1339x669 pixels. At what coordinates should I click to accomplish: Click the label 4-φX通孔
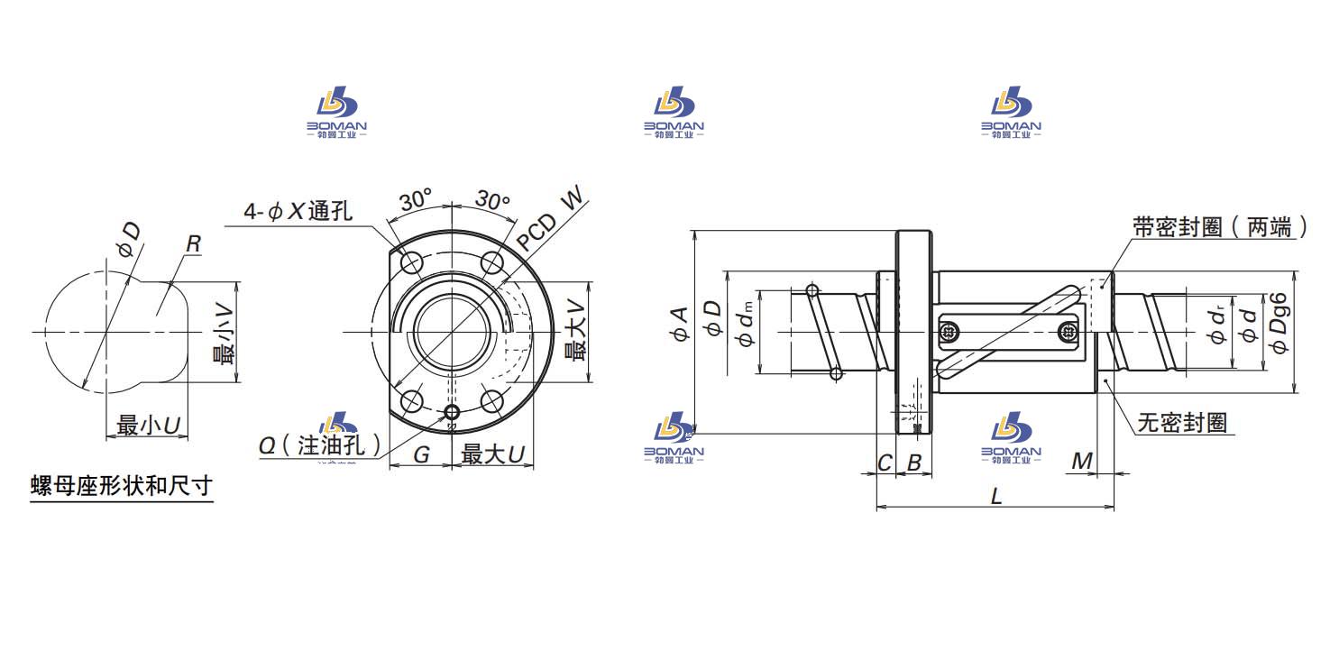298,212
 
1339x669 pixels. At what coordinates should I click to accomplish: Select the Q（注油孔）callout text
318,446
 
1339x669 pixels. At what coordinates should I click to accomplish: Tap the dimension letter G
421,455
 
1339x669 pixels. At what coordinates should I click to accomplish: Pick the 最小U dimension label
146,426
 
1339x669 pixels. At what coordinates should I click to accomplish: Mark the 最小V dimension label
223,334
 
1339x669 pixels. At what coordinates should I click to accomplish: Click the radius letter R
193,243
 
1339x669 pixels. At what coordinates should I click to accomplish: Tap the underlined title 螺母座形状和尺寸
122,487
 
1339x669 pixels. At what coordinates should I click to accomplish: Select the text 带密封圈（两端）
1220,227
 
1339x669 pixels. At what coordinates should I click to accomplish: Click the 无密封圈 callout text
1182,423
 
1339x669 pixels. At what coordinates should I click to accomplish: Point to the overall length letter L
995,495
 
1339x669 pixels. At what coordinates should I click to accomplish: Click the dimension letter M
1081,462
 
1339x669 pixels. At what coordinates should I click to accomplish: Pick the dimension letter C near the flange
885,463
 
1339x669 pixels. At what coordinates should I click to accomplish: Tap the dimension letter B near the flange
913,463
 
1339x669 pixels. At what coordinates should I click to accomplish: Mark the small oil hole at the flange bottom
452,413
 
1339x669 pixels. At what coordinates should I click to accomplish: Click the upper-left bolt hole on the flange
412,263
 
